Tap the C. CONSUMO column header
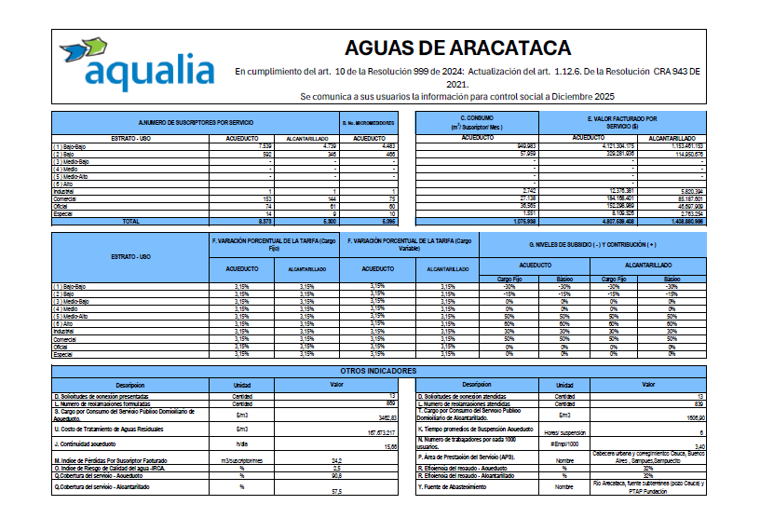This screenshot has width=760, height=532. [x=477, y=122]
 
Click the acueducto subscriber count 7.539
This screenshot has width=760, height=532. [x=265, y=146]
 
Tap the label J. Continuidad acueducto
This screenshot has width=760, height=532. [x=88, y=445]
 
